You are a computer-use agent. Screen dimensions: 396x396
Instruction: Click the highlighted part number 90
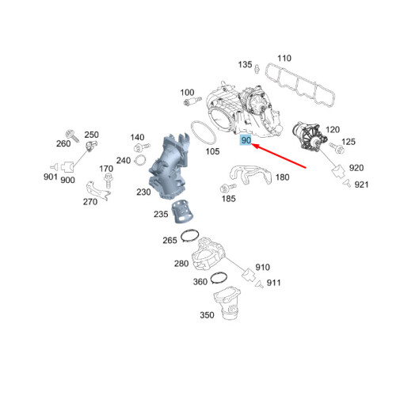pyautogui.click(x=246, y=140)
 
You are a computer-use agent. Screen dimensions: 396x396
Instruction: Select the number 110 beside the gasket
pyautogui.click(x=284, y=58)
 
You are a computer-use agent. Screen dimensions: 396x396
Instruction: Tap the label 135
pyautogui.click(x=246, y=65)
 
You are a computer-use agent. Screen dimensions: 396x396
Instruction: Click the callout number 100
pyautogui.click(x=187, y=93)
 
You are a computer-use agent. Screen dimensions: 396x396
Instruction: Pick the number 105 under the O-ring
pyautogui.click(x=211, y=151)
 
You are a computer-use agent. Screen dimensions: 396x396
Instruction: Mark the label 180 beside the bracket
pyautogui.click(x=283, y=177)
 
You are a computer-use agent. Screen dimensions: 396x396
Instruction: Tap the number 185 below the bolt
pyautogui.click(x=228, y=200)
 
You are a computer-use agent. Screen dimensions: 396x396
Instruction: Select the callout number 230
pyautogui.click(x=143, y=192)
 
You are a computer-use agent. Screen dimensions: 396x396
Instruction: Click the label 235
pyautogui.click(x=162, y=214)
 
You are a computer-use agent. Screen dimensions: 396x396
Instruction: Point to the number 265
pyautogui.click(x=170, y=241)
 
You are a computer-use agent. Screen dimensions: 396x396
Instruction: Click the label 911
pyautogui.click(x=273, y=283)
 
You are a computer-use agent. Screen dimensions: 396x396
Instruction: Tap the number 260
pyautogui.click(x=63, y=143)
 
